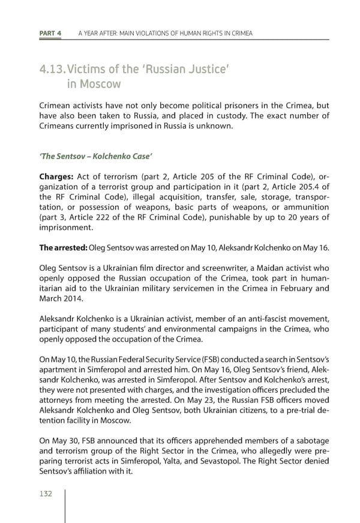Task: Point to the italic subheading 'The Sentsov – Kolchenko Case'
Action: [x=95, y=157]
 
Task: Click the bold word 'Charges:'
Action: [x=56, y=177]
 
